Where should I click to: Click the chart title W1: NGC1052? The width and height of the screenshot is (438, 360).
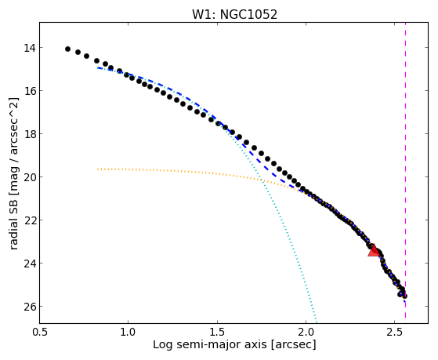click(x=234, y=14)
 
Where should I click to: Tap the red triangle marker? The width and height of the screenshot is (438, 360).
click(x=374, y=251)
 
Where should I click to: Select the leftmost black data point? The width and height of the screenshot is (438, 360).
click(x=67, y=49)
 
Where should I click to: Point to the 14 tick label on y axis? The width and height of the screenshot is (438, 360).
click(x=30, y=48)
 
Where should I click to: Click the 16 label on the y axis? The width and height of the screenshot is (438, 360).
click(x=30, y=91)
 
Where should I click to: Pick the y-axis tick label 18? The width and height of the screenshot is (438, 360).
click(x=30, y=134)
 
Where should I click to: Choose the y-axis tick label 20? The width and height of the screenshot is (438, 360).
click(x=30, y=177)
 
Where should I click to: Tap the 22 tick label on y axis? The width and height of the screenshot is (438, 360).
click(x=30, y=220)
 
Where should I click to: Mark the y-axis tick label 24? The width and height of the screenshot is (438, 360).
click(x=30, y=264)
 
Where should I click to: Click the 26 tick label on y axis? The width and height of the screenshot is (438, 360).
click(x=30, y=307)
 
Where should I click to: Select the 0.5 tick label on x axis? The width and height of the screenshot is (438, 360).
click(x=40, y=332)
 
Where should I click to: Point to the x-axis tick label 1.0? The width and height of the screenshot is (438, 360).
click(x=129, y=332)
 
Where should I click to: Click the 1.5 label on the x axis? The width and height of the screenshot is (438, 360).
click(x=217, y=332)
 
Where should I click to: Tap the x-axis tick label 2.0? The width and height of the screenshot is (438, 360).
click(x=306, y=332)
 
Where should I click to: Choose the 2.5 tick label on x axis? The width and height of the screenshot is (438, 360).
click(x=394, y=332)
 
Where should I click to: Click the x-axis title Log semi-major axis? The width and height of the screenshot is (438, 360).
click(x=209, y=344)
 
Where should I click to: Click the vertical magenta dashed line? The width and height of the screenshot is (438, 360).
click(x=405, y=170)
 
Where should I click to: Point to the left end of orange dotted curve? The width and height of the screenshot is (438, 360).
click(x=98, y=169)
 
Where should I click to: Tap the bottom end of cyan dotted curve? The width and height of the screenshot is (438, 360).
click(x=317, y=322)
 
